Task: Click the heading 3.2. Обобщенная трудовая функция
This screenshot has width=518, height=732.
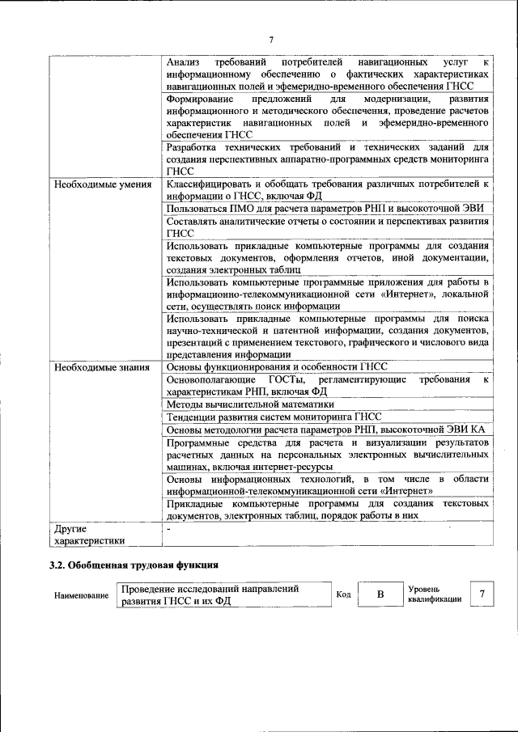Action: (134, 565)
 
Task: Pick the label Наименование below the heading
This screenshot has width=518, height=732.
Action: (81, 596)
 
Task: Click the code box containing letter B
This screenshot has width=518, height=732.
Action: (380, 595)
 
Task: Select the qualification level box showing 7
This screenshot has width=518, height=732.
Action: (482, 594)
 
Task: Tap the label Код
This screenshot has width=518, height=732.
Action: (343, 595)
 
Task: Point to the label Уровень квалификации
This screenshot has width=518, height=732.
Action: (435, 594)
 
